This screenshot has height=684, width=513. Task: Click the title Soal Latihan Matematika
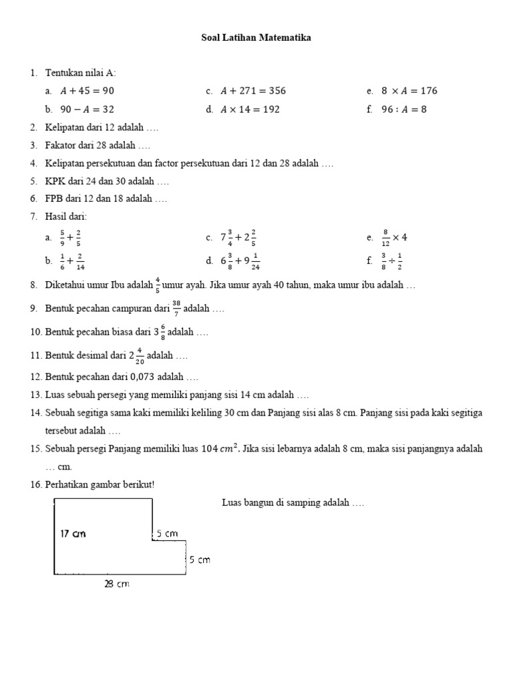tap(256, 38)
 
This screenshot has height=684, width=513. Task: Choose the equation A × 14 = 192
tap(250, 110)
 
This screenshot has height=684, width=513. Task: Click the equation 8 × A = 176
tap(409, 91)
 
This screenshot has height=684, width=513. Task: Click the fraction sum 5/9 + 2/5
tap(70, 236)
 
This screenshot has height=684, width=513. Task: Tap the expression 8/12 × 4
tap(395, 236)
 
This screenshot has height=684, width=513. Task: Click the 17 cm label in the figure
tap(73, 534)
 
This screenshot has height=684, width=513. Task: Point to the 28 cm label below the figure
tap(116, 584)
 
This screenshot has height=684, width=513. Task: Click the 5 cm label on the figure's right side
tap(199, 560)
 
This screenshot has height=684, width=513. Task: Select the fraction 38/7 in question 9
tap(176, 309)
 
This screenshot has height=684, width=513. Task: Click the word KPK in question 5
tap(53, 181)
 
